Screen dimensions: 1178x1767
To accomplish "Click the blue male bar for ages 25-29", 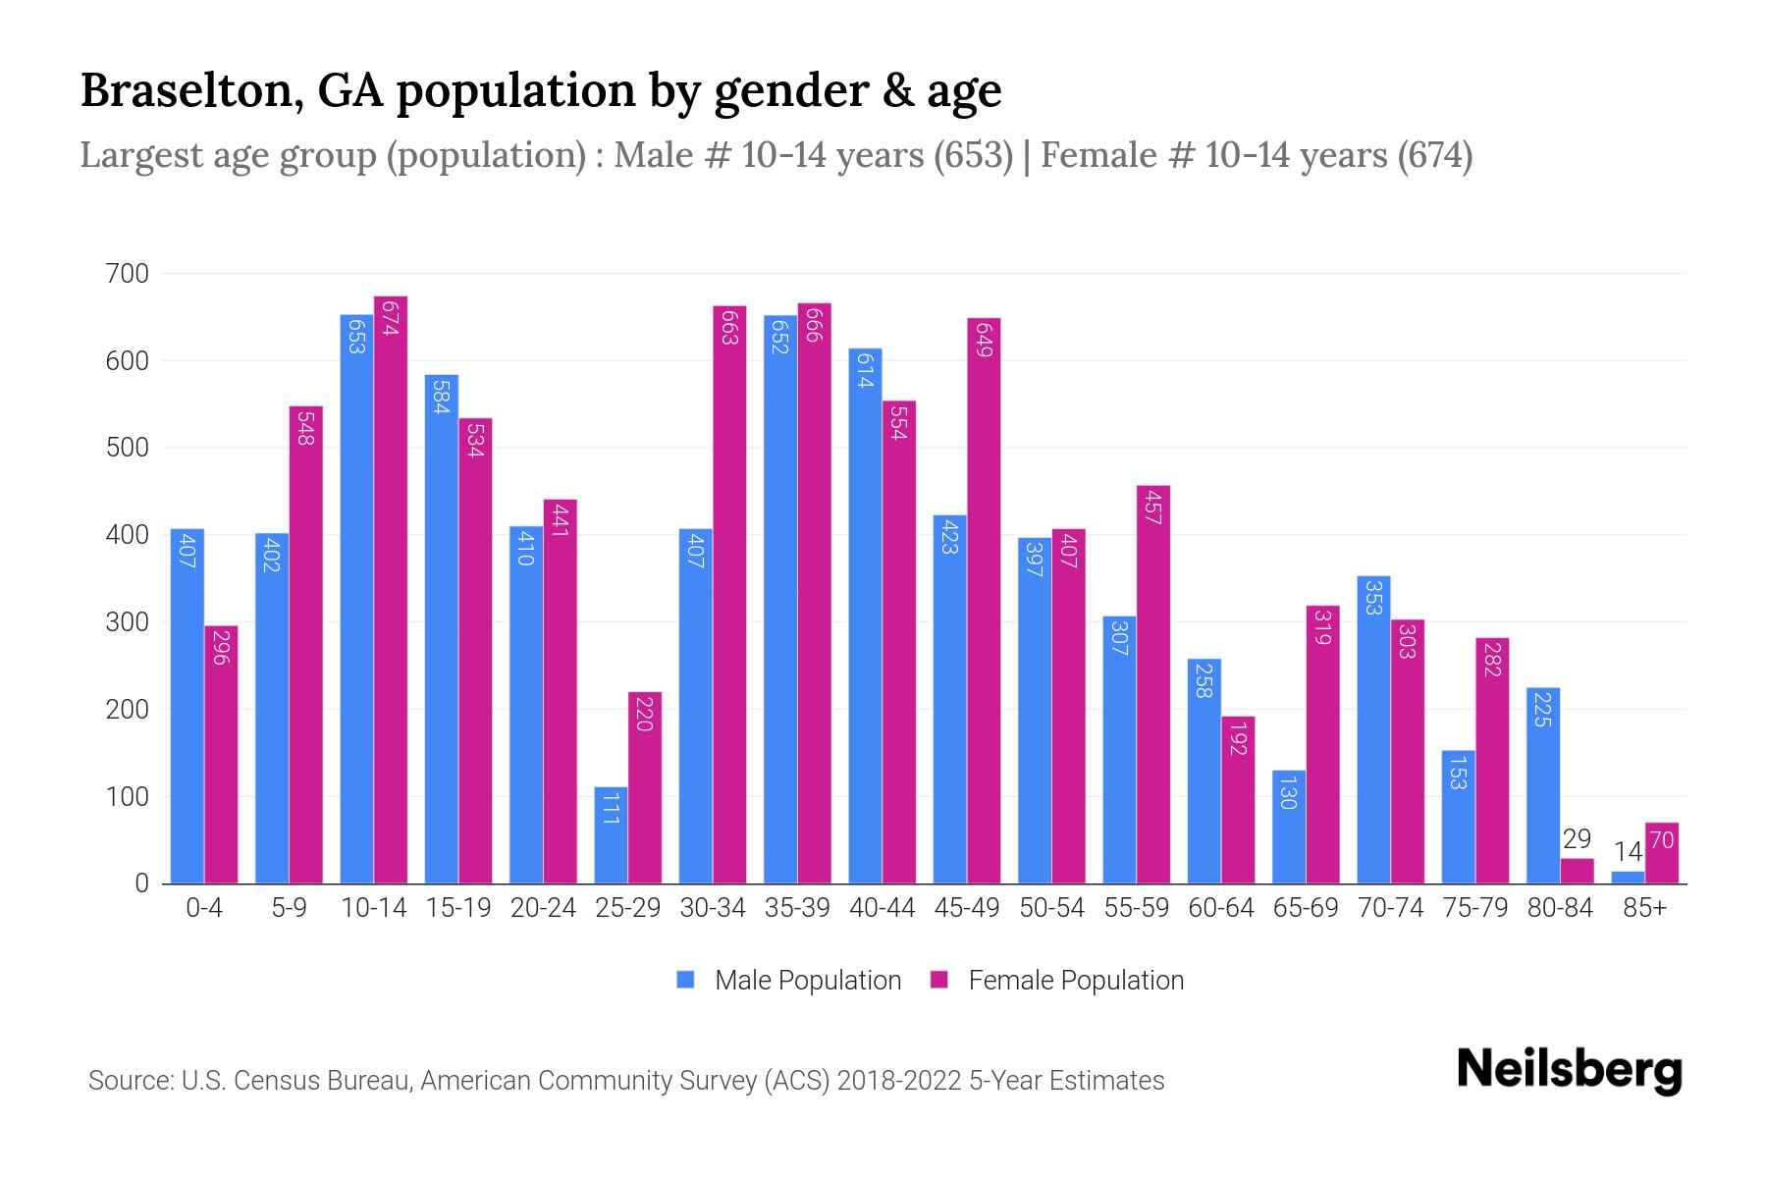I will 611,835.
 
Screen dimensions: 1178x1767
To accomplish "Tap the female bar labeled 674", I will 391,589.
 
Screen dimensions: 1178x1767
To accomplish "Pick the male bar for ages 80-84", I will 1543,785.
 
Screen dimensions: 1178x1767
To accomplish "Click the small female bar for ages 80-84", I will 1578,872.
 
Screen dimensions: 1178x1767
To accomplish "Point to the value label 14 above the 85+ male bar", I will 1628,852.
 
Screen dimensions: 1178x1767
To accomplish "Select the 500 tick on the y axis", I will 127,448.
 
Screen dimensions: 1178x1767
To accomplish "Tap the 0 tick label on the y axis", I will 142,883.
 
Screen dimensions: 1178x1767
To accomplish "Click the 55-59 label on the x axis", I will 1136,908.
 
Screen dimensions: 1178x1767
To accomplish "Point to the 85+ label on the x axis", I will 1644,908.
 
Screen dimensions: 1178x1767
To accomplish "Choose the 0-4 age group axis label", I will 204,908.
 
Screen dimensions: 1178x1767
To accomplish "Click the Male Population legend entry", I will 807,981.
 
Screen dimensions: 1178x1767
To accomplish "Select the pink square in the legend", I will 939,980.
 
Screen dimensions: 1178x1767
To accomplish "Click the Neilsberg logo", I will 1569,1070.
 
